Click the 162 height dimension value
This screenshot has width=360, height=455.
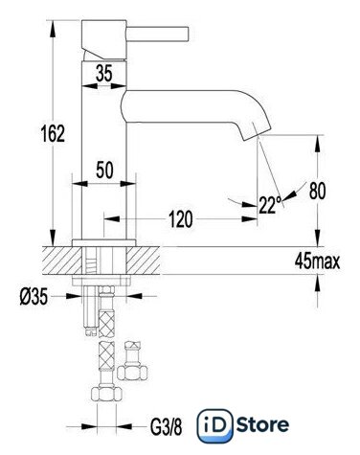coord(53,133)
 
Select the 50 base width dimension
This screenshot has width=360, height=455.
coord(104,170)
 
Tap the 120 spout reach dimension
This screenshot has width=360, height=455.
coord(180,219)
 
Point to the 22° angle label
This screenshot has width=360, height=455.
coord(270,205)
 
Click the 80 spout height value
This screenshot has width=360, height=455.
coord(317,192)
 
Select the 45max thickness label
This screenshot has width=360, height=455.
coord(317,262)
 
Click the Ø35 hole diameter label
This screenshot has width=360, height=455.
coord(34,296)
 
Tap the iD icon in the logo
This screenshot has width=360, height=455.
coord(214,426)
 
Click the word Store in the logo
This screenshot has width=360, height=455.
coord(263,425)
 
